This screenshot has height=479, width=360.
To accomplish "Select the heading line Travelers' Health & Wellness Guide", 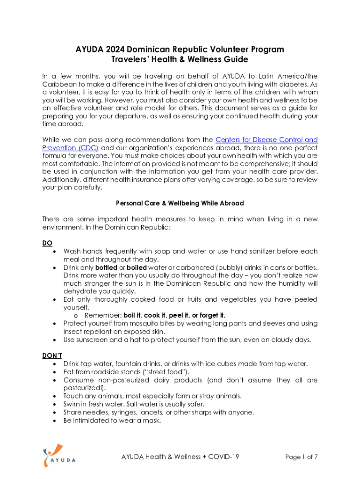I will tap(180, 59).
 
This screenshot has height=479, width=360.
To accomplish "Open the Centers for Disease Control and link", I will tap(266, 140).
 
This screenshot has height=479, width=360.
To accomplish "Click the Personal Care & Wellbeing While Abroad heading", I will tap(180, 203).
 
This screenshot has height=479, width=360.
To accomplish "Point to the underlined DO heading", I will tap(47, 243).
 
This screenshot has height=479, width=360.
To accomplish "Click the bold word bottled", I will tap(106, 268).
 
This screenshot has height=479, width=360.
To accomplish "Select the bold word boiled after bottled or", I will tap(137, 268).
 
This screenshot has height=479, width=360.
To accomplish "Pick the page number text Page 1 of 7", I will tap(301, 457).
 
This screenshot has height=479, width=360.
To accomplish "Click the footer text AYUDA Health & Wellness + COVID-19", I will tap(180, 457).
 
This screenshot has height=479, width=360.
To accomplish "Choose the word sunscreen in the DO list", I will tap(93, 340).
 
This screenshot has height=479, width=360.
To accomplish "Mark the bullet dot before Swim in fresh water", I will tap(57, 404).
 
